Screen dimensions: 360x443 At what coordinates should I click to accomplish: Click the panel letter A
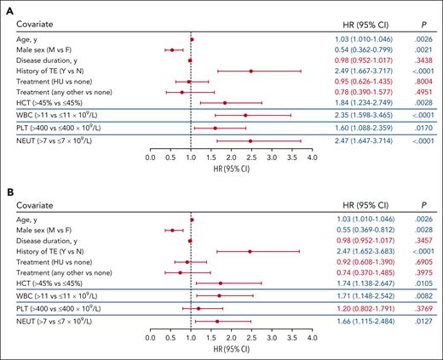click(x=9, y=7)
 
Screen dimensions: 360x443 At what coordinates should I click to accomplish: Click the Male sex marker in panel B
click(x=172, y=230)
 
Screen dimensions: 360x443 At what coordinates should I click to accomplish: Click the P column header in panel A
click(x=422, y=26)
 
